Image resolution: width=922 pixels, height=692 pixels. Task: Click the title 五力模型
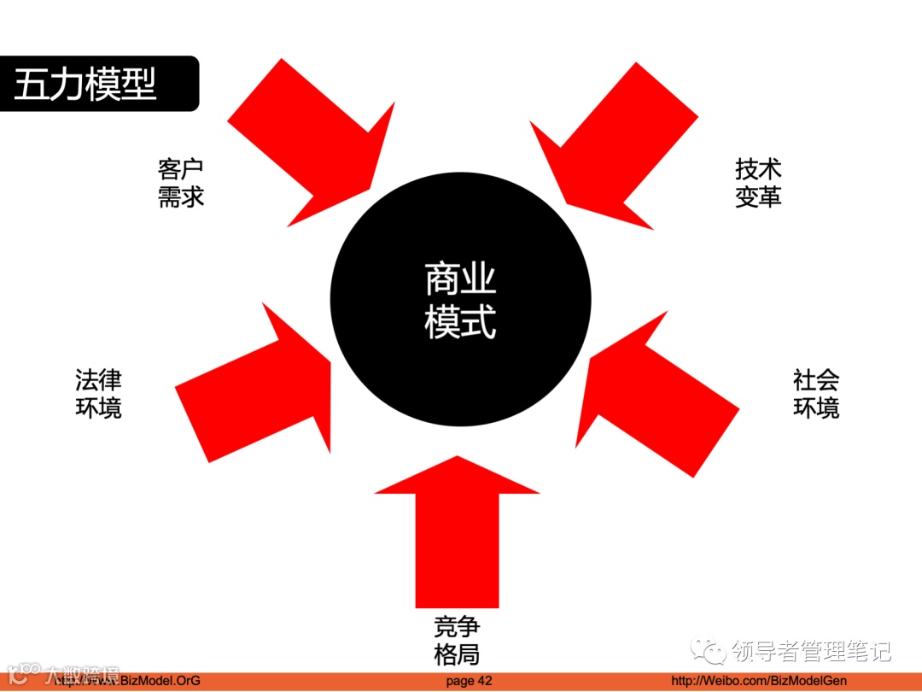(x=85, y=84)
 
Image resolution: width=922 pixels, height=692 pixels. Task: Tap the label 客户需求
(x=181, y=183)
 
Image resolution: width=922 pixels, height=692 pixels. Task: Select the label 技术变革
(x=758, y=183)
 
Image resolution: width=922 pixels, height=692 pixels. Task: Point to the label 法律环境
(x=98, y=394)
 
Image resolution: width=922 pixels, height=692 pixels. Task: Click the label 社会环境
(x=816, y=394)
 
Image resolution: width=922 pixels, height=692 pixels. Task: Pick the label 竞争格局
(x=457, y=641)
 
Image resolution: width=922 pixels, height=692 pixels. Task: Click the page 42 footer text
(x=470, y=681)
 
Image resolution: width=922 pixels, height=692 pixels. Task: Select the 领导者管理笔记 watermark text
(x=811, y=652)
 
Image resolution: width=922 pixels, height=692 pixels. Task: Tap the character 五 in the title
(x=31, y=84)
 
